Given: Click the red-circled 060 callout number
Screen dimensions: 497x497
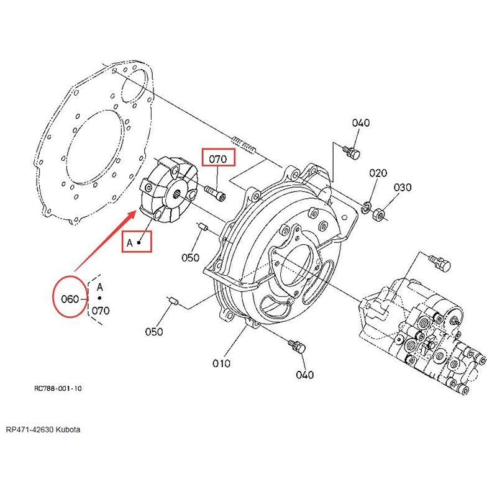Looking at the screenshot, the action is click(70, 299).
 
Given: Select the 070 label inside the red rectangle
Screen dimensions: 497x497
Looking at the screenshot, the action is click(218, 159).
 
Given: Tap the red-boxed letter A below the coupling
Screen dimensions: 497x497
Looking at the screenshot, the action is click(130, 243).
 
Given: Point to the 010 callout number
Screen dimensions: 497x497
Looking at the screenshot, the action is click(221, 363).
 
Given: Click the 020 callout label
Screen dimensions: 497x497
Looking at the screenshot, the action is click(378, 173).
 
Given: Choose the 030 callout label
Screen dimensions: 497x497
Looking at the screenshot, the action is click(403, 188).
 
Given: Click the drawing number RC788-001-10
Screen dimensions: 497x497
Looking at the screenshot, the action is click(58, 388).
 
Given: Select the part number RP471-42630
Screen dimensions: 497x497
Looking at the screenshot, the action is click(30, 430).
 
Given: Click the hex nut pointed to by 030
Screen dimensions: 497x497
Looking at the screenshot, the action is click(378, 214).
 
